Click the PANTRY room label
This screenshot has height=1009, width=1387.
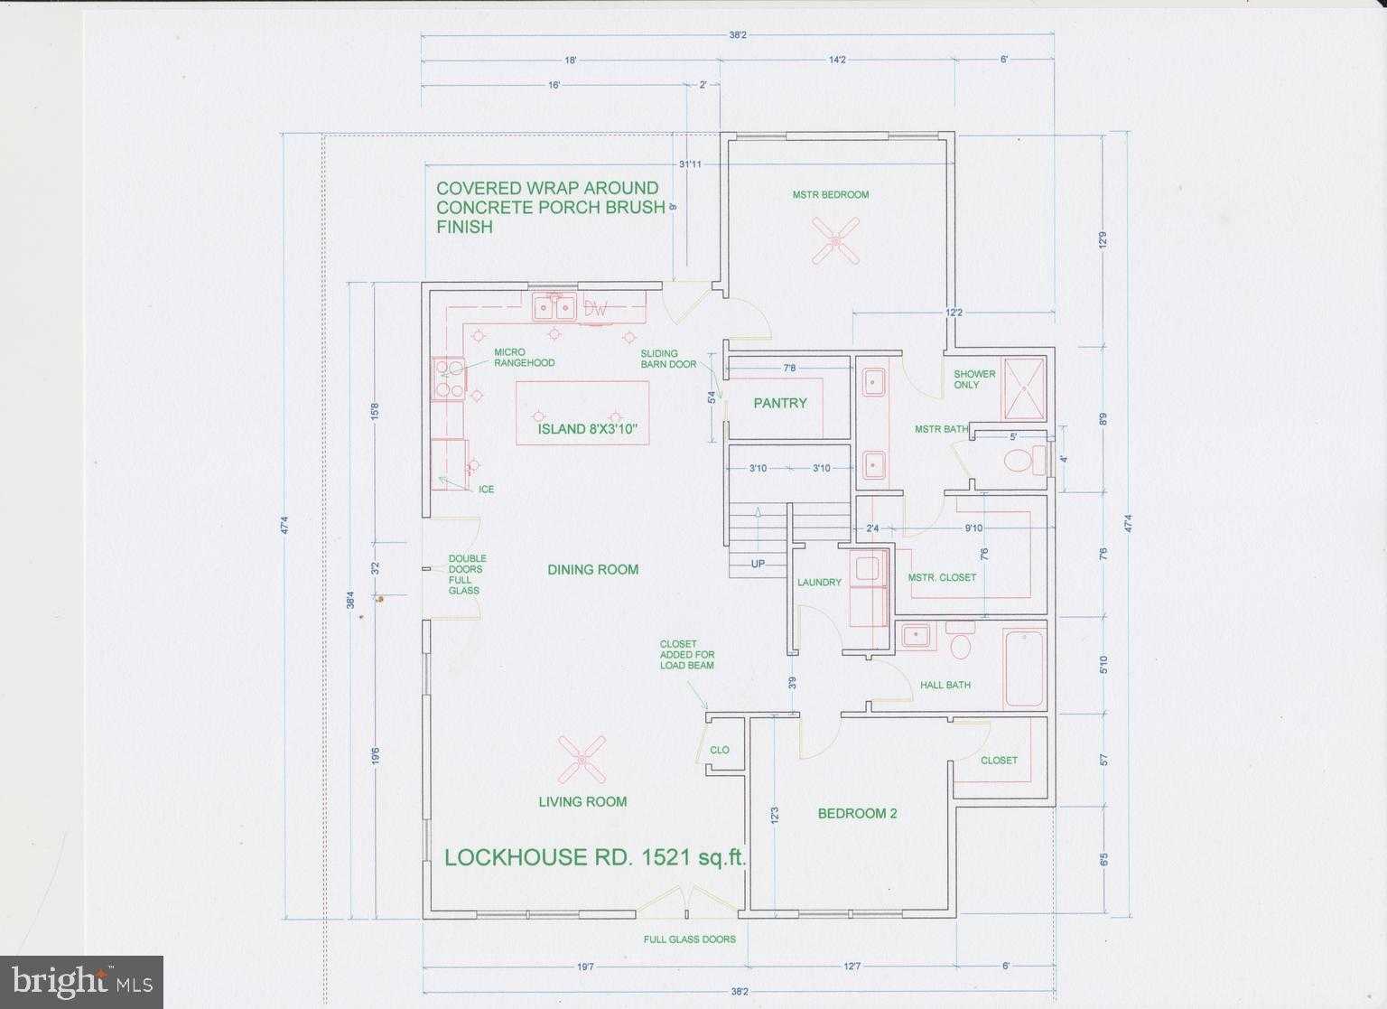780,403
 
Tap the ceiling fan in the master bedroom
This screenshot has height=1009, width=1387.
835,240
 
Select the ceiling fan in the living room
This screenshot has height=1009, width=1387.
581,760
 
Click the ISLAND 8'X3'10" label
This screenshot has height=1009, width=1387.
593,429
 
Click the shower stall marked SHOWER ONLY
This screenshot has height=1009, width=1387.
1023,389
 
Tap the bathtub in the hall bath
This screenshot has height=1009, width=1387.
1024,668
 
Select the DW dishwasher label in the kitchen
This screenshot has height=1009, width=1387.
596,309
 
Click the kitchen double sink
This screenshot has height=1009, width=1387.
554,308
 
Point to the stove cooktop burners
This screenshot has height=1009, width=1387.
450,378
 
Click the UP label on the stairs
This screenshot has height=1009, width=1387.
759,564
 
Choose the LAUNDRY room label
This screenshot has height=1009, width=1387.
819,583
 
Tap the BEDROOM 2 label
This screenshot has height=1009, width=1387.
857,813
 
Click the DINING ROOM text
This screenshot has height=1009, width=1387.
592,569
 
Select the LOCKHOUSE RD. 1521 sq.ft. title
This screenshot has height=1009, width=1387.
595,857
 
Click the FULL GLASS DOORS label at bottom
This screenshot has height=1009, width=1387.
689,939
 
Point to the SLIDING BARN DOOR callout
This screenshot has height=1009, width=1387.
668,359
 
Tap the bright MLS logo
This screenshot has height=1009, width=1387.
81,982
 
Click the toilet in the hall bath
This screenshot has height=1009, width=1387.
961,644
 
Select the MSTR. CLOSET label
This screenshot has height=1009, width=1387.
942,577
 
